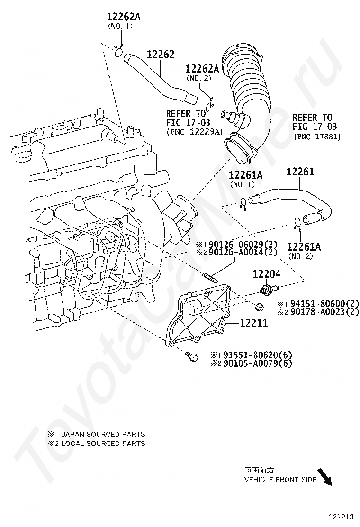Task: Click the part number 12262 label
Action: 161,55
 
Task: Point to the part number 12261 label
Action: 300,172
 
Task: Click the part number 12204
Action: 266,274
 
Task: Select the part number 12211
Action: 253,324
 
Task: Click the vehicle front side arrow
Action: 324,477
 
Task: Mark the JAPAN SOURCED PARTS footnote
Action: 96,434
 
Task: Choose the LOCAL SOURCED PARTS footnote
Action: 96,444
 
